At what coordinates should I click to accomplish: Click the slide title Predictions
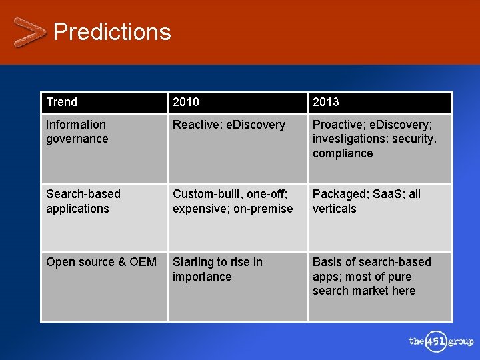(112, 32)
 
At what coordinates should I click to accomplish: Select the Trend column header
(62, 102)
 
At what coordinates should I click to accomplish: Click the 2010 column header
(186, 102)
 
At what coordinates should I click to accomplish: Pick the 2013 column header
(326, 102)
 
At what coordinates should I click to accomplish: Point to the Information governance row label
(77, 131)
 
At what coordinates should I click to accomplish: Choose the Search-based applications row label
(83, 201)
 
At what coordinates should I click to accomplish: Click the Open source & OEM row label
(101, 262)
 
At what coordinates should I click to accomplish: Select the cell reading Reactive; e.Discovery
(229, 125)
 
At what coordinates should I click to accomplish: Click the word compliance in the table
(343, 153)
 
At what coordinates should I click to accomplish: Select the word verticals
(335, 209)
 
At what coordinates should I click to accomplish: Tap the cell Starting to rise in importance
(217, 269)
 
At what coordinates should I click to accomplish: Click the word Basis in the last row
(327, 262)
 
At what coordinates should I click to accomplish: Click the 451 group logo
(440, 341)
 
